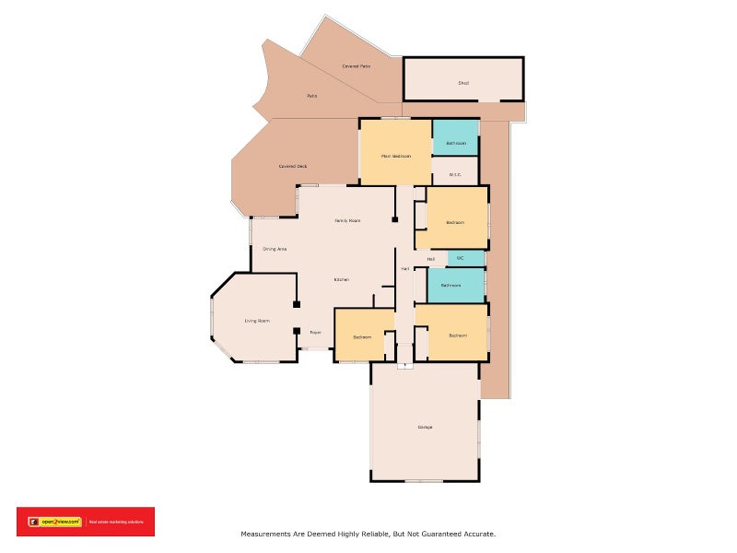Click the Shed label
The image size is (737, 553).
[463, 84]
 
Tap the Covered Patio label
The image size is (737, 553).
[356, 66]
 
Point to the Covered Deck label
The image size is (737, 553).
[293, 166]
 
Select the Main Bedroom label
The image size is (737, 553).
[396, 156]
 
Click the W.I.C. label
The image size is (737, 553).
[455, 174]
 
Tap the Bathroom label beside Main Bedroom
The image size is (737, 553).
[456, 144]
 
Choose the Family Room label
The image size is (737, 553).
[347, 220]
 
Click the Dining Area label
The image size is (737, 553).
[275, 249]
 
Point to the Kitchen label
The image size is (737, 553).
[340, 279]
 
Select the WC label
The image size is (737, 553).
[460, 258]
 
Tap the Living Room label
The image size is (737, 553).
[257, 321]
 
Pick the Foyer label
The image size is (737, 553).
[315, 332]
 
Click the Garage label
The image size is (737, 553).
[425, 427]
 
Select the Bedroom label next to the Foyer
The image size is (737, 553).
[362, 336]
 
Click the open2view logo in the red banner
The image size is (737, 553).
[55, 522]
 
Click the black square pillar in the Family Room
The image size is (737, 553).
[394, 219]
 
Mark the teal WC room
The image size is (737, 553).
[466, 258]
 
